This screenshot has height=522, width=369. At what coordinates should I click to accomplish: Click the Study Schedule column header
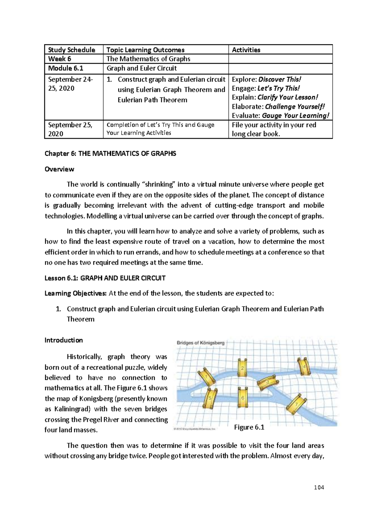(x=70, y=50)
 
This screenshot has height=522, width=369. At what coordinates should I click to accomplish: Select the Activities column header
(x=246, y=50)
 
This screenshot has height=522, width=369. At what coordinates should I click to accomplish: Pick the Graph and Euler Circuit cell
(x=141, y=68)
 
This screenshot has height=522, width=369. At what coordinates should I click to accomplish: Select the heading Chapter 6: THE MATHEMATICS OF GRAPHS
(x=110, y=154)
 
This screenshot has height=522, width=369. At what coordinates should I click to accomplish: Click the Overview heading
(x=59, y=169)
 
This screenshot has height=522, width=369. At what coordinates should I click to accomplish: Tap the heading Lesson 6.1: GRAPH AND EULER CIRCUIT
(x=105, y=278)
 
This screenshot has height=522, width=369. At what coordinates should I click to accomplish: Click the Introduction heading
(x=64, y=340)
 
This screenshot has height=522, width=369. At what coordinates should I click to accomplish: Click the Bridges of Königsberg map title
(x=200, y=343)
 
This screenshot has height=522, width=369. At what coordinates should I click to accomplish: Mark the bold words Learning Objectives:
(x=76, y=293)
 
